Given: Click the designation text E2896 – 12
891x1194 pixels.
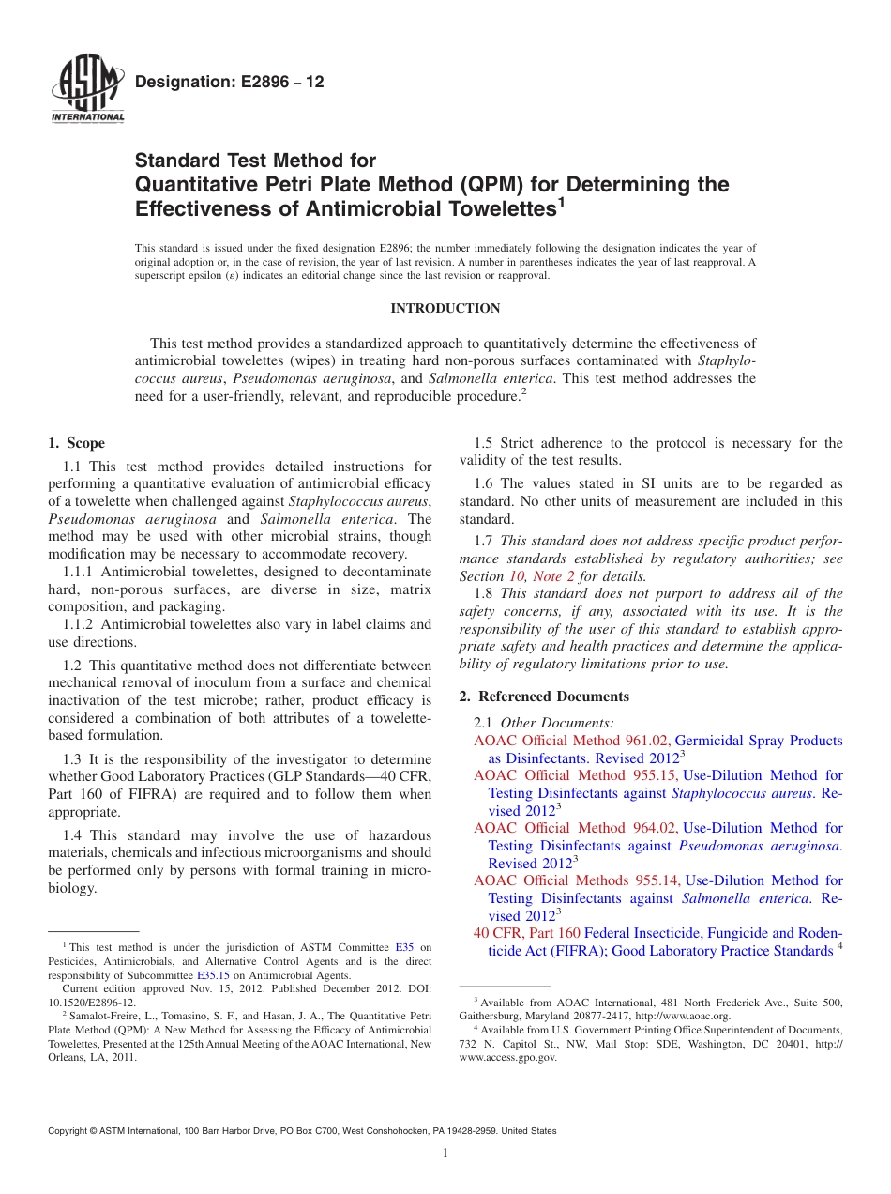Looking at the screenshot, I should point(230,83).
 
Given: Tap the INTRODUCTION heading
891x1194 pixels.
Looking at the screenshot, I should point(445,308).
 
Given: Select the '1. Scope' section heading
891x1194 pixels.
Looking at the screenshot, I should point(76,443).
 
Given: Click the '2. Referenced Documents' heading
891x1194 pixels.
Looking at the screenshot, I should point(544,696).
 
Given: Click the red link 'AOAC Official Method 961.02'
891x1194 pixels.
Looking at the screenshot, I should point(572,741).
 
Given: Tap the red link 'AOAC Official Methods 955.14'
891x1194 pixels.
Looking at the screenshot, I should point(578,880).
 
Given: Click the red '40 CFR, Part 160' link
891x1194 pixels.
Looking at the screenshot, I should point(526,933).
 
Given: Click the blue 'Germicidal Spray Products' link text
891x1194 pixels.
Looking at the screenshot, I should point(758,741).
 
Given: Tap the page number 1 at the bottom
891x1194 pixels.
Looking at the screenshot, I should point(445,1154).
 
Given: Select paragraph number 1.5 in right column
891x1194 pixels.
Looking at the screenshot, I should point(484,443).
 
